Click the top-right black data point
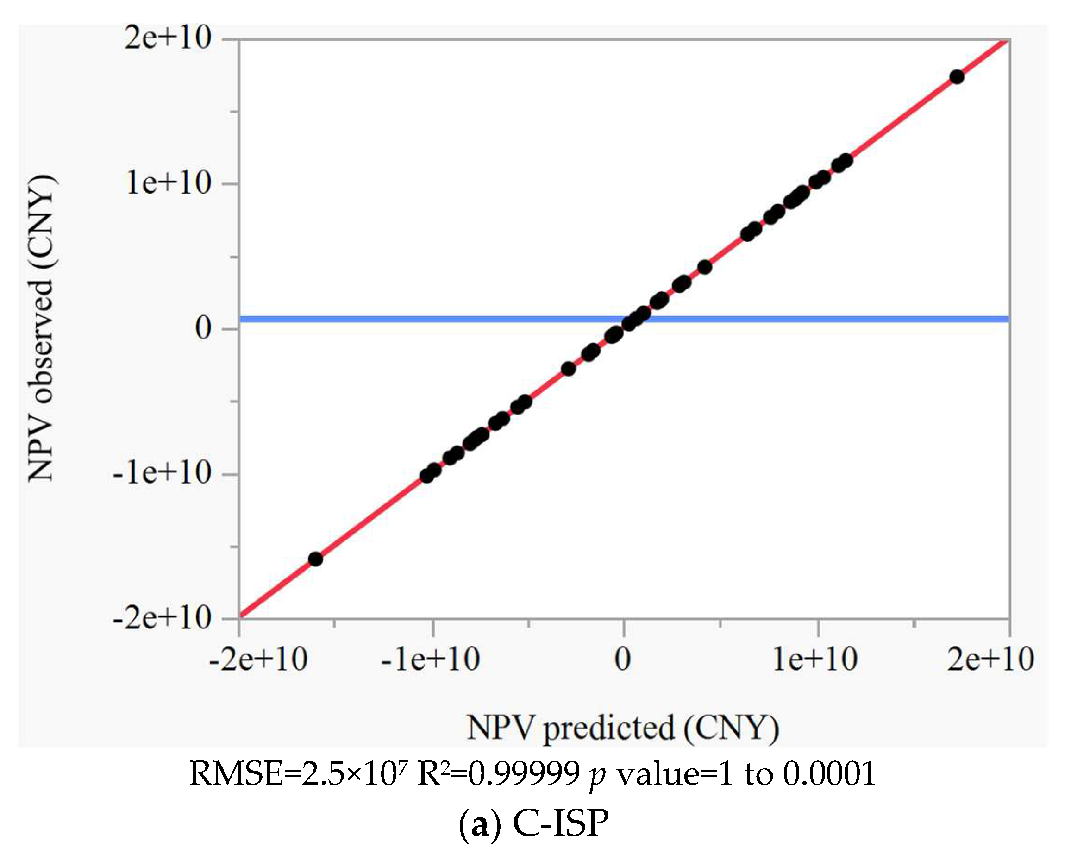957,77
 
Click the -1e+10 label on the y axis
162,472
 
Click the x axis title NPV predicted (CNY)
623,729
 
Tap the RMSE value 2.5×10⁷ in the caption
355,774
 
